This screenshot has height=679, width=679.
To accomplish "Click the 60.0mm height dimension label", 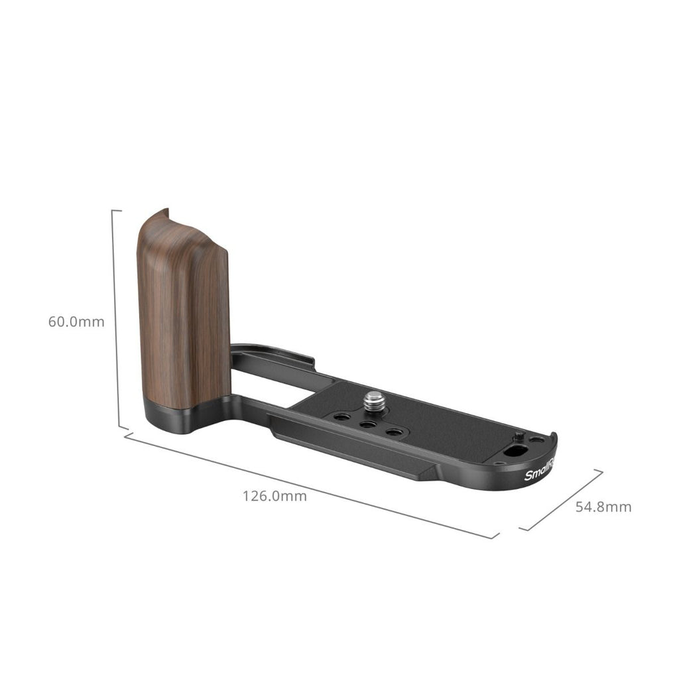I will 76,322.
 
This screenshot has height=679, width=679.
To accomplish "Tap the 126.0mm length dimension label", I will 275,496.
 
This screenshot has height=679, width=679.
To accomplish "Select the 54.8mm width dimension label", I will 603,507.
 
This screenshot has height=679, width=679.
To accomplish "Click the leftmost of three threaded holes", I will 343,417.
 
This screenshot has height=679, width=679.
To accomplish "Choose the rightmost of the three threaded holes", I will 394,432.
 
